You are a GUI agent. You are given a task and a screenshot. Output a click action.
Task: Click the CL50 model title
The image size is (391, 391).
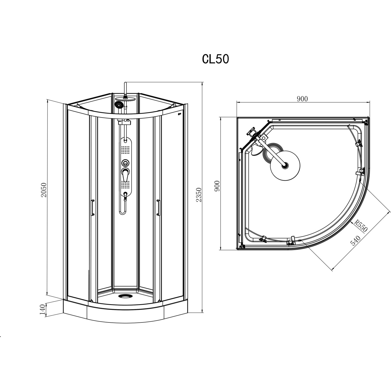[216, 59]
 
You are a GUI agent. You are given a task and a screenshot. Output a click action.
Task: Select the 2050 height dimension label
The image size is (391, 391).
[44, 190]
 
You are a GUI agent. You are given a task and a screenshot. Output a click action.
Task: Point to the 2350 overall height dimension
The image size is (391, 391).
[199, 195]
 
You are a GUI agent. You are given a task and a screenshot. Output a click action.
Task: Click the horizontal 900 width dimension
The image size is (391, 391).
[302, 99]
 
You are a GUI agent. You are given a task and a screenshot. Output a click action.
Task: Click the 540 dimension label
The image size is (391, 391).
[355, 241]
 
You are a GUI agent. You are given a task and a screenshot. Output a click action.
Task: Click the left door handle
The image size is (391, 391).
[92, 207]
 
